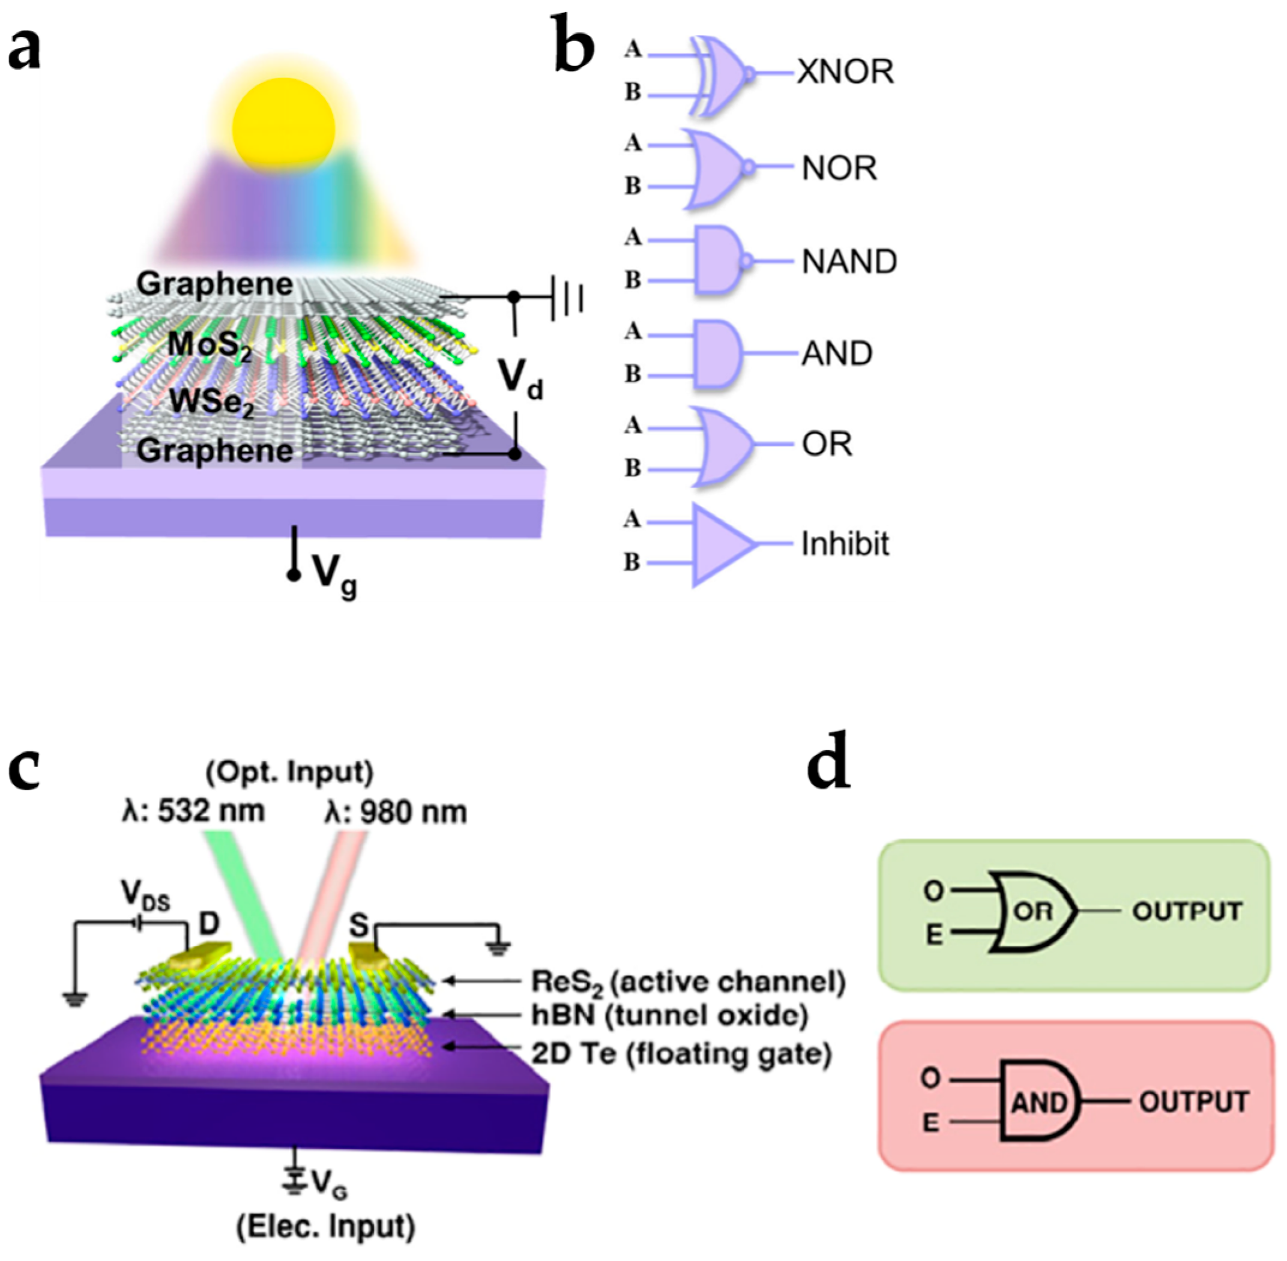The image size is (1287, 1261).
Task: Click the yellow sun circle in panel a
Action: coord(283,125)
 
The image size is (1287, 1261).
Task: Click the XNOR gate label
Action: coord(845,71)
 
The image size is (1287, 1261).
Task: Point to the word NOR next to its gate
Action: coord(839,168)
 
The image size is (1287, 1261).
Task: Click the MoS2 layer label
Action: coord(209,345)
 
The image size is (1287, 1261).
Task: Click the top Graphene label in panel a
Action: coord(215,284)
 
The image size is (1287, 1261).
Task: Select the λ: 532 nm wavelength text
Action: coord(193,811)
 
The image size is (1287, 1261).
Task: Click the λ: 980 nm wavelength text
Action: coord(396,812)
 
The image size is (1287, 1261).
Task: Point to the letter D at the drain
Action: coord(209,923)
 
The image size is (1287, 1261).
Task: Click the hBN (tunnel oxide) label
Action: coord(669,1016)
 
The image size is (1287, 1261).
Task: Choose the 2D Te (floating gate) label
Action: coord(681,1054)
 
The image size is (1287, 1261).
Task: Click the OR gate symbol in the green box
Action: coord(1032,912)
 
